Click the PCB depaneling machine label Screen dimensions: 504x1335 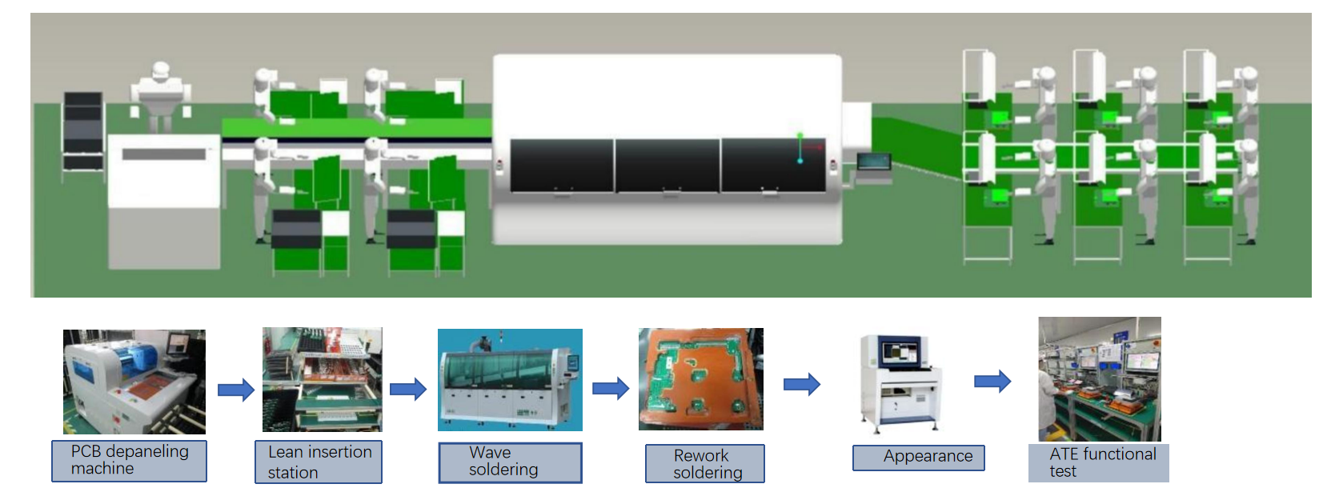[129, 461]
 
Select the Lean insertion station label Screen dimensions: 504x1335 [319, 462]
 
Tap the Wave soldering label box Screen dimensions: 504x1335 [510, 462]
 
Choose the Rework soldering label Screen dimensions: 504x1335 [704, 463]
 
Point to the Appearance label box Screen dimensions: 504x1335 [918, 457]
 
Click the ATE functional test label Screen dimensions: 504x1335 [1098, 462]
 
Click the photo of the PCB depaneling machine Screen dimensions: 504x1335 [134, 382]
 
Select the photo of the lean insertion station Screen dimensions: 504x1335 [322, 379]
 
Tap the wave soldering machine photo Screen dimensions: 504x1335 [510, 380]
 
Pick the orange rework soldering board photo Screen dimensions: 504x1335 [700, 379]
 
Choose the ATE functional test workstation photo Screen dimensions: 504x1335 [1099, 379]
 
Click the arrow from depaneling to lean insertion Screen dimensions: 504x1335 [236, 390]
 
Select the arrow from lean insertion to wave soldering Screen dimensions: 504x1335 [408, 390]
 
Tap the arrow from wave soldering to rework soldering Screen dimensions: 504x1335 [611, 389]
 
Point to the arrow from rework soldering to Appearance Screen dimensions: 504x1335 [802, 384]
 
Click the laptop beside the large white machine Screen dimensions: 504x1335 [873, 162]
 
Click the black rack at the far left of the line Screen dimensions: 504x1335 [83, 132]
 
